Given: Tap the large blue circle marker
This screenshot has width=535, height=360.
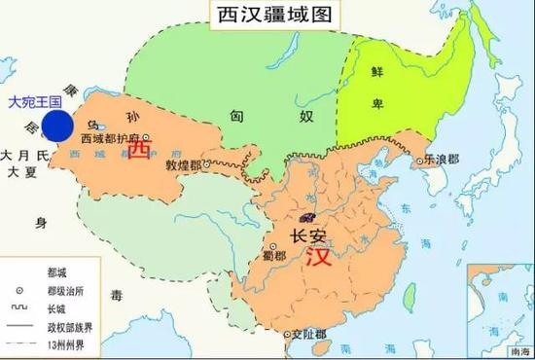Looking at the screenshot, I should point(57,126).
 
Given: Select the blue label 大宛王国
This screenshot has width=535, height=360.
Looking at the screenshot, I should point(33,101).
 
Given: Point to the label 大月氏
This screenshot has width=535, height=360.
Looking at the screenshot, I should point(26,156).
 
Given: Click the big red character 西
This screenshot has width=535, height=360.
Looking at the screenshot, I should point(139,152).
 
